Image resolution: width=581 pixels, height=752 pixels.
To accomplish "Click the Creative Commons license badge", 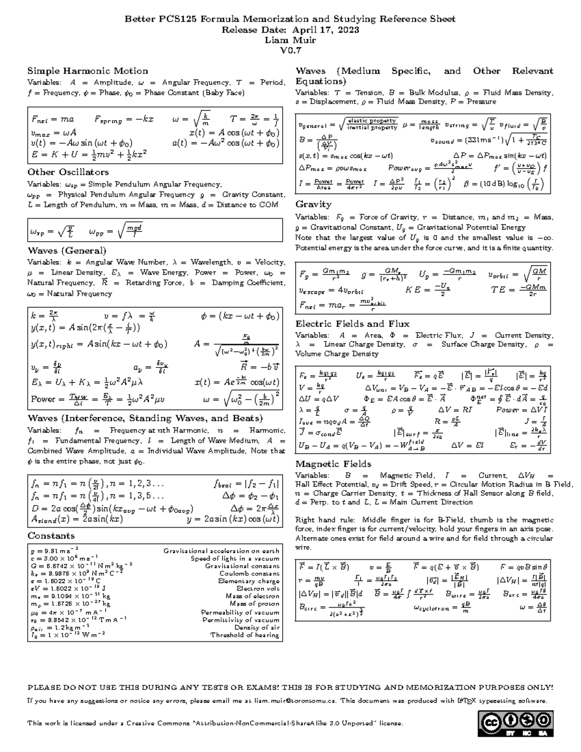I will (x=516, y=723).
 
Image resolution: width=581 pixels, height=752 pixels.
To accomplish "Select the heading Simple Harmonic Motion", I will (x=88, y=71).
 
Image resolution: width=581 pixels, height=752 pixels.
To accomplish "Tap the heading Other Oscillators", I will (x=68, y=172).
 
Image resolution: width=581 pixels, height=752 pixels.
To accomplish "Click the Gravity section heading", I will (x=313, y=204).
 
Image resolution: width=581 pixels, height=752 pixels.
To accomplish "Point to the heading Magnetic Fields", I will (x=333, y=464).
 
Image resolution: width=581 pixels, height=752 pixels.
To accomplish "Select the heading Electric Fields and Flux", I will (x=352, y=324).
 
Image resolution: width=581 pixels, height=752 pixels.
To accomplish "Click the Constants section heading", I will (x=51, y=536).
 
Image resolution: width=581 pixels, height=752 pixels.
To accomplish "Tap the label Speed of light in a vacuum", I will (x=235, y=558).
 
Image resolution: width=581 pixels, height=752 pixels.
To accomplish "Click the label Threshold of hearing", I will (x=245, y=635).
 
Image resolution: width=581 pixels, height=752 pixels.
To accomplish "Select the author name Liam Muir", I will (x=290, y=40).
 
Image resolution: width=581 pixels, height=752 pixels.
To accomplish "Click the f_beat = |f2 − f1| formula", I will (x=246, y=483).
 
